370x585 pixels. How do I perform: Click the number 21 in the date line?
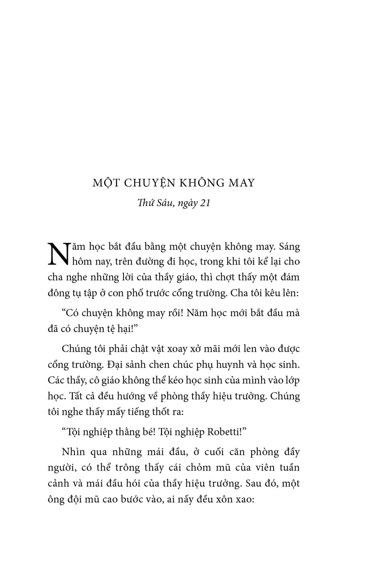tap(205, 203)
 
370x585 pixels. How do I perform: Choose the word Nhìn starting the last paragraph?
tap(73, 452)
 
